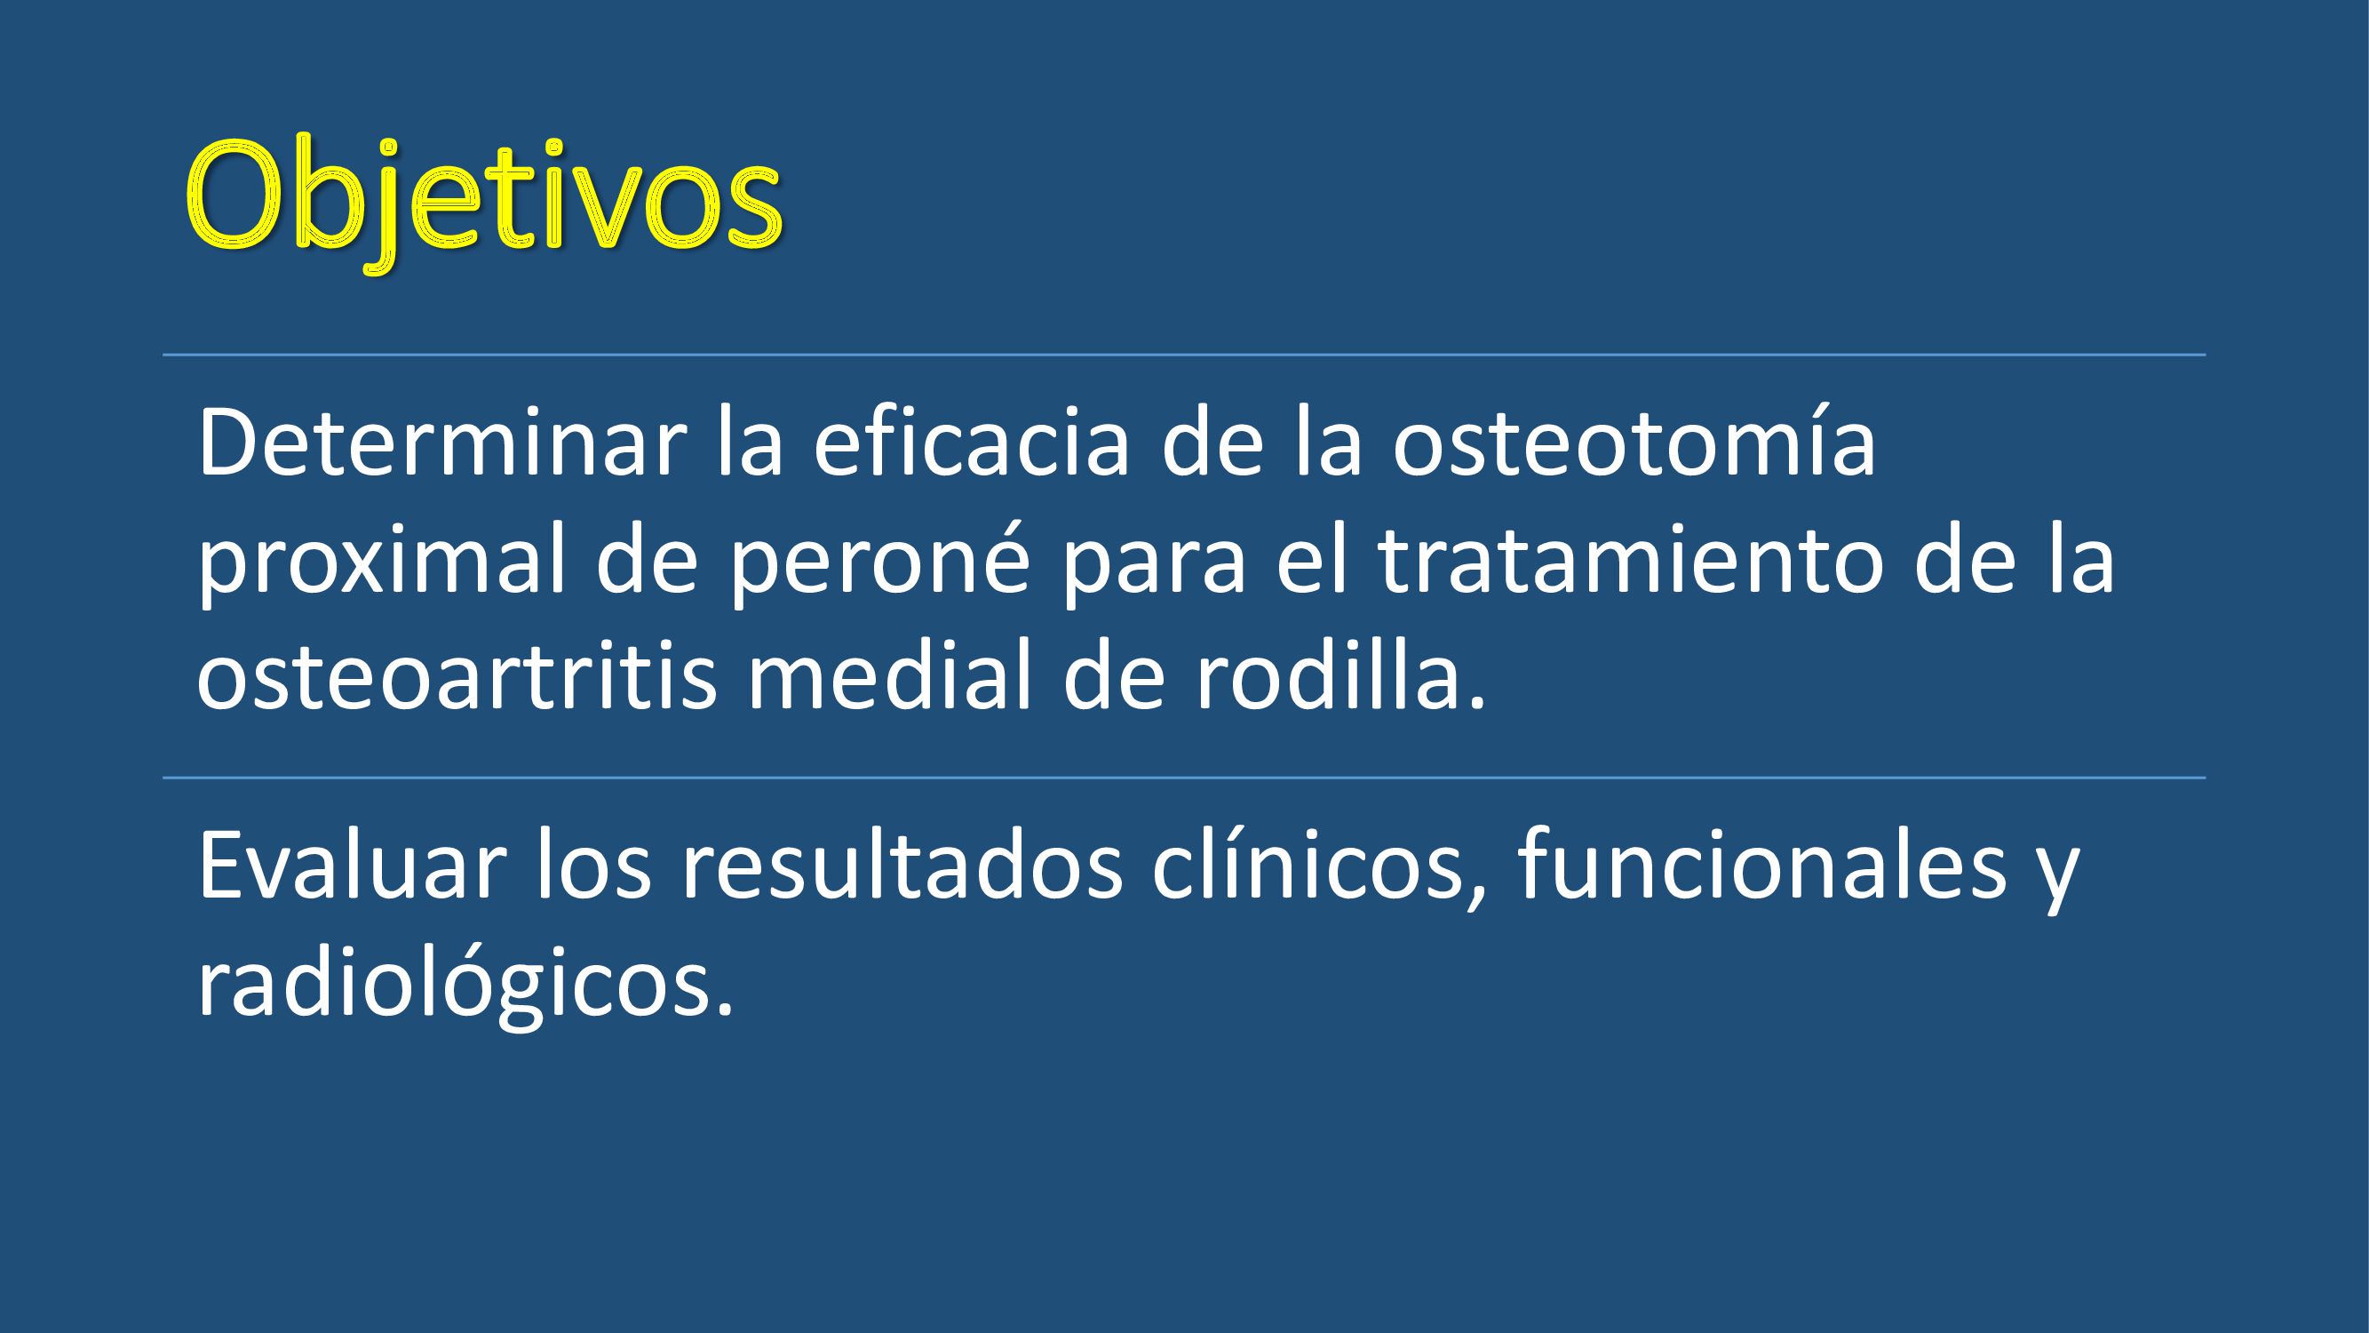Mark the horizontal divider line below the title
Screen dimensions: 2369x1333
1185,355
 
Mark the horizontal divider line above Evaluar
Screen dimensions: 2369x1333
1185,778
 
